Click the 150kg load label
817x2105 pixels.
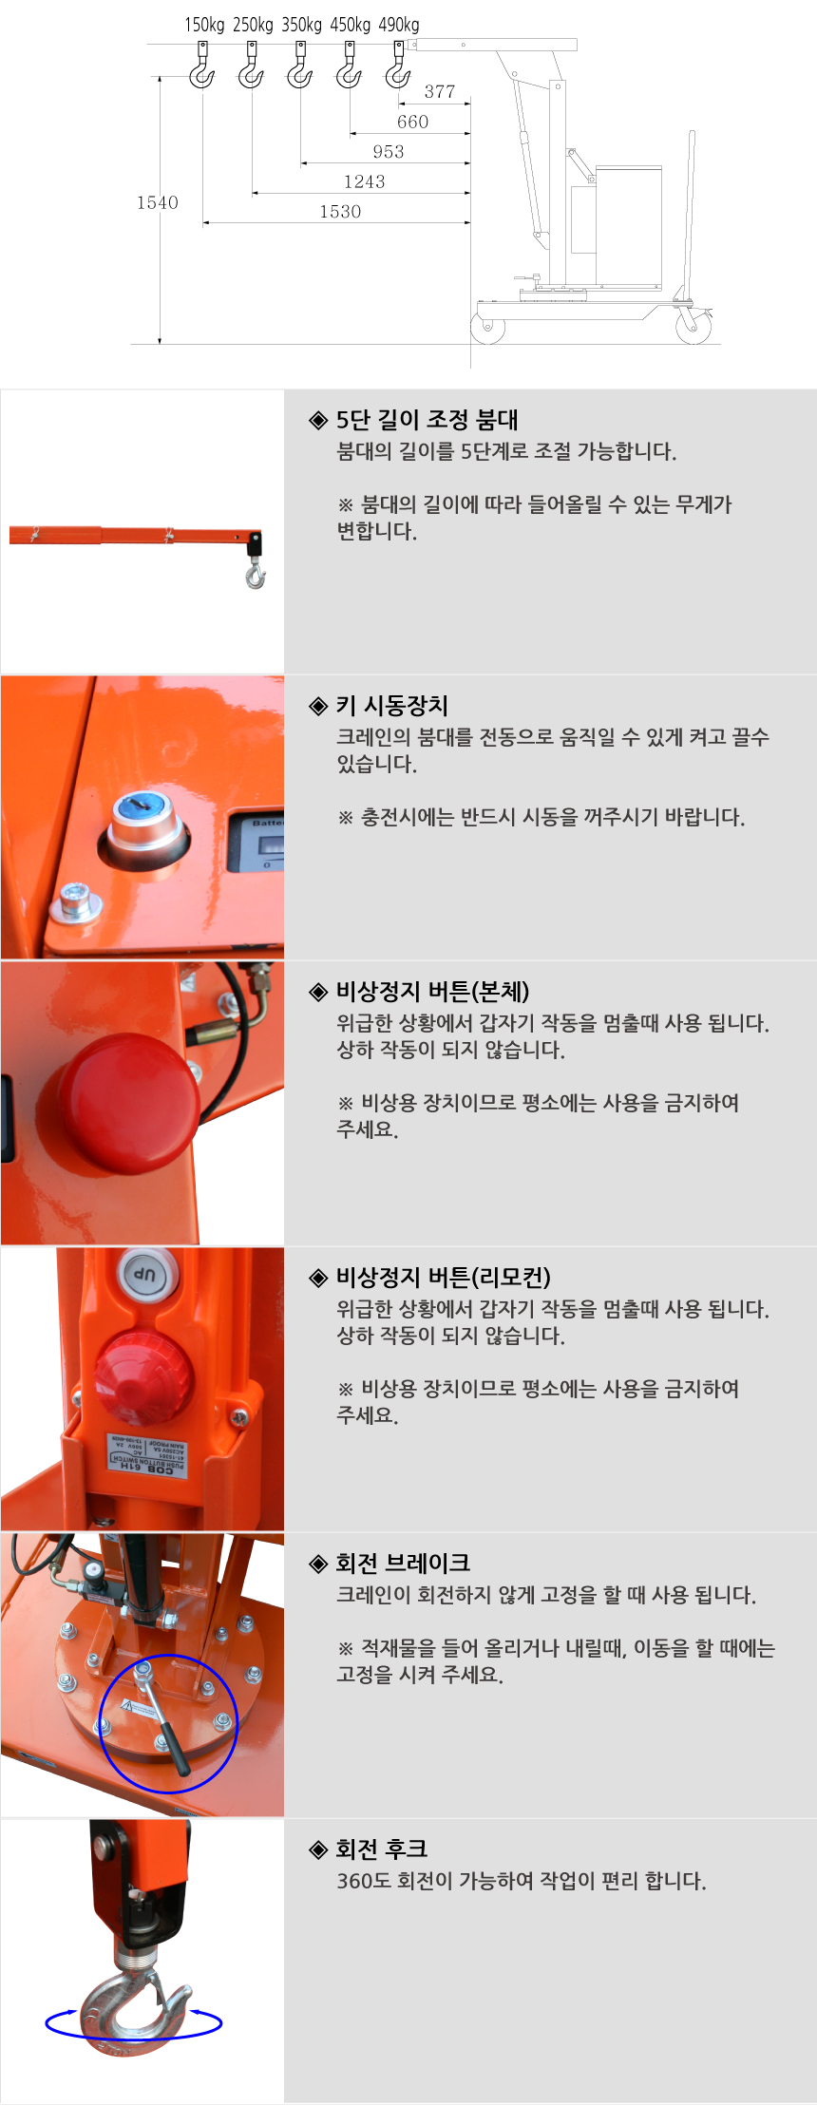(204, 25)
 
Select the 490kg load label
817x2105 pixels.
(399, 25)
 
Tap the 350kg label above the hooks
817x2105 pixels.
(301, 25)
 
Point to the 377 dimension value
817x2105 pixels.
(440, 92)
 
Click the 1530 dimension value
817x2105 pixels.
(340, 212)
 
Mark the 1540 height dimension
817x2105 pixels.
(158, 202)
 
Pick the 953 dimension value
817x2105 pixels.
(389, 152)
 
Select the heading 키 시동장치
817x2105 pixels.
(379, 706)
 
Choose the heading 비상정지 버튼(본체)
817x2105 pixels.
(420, 992)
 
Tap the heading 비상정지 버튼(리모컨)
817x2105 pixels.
(430, 1278)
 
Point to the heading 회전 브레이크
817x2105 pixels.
(390, 1564)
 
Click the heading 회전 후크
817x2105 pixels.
(369, 1849)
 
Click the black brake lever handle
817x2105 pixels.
(174, 1747)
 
